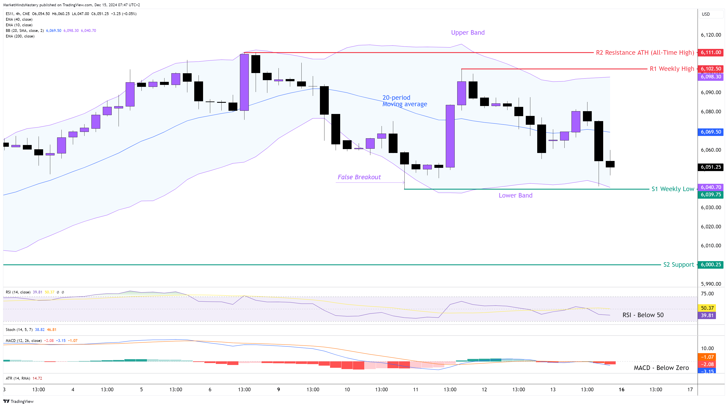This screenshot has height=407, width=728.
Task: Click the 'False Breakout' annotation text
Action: (359, 177)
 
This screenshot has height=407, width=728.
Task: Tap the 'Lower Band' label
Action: (515, 195)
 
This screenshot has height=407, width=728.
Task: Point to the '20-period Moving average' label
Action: (404, 101)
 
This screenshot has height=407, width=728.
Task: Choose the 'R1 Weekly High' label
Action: (672, 69)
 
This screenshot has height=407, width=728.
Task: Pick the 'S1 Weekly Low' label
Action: (673, 189)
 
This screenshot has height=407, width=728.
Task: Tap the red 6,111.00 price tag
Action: (711, 53)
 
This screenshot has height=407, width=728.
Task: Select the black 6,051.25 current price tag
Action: (711, 167)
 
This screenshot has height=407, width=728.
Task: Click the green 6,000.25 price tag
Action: (711, 265)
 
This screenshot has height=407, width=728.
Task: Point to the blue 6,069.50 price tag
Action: (711, 132)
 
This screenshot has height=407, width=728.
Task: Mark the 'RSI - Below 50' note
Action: (643, 315)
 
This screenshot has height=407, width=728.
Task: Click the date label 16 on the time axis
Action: (621, 390)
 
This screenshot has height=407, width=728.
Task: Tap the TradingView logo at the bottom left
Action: (18, 401)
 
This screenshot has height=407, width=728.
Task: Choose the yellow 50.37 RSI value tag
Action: (707, 308)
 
